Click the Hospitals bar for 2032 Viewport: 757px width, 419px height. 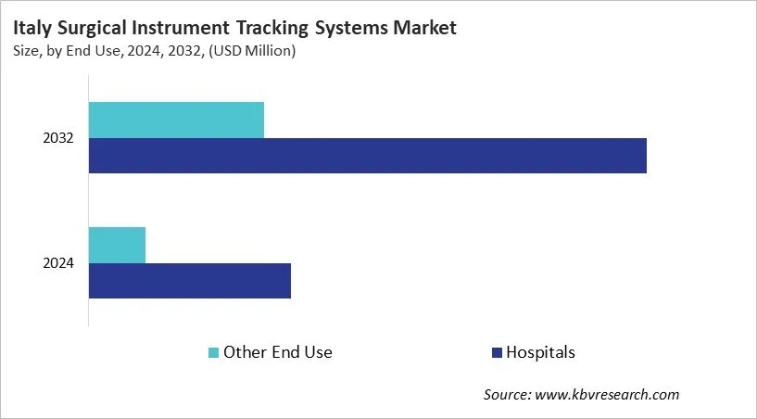point(367,156)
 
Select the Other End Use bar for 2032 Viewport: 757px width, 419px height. point(176,121)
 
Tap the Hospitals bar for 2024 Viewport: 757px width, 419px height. point(190,280)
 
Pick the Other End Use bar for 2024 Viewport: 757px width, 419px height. point(117,245)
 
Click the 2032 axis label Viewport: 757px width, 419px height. point(58,138)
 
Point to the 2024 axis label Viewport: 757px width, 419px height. point(58,263)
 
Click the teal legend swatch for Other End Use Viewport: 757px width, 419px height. point(214,352)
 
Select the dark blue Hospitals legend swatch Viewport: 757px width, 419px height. point(497,352)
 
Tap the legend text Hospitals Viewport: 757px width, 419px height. point(541,352)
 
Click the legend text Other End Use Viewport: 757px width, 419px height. point(278,352)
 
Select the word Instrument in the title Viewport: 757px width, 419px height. point(192,28)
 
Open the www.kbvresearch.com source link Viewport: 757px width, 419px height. point(608,395)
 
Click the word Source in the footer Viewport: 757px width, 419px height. point(507,395)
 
